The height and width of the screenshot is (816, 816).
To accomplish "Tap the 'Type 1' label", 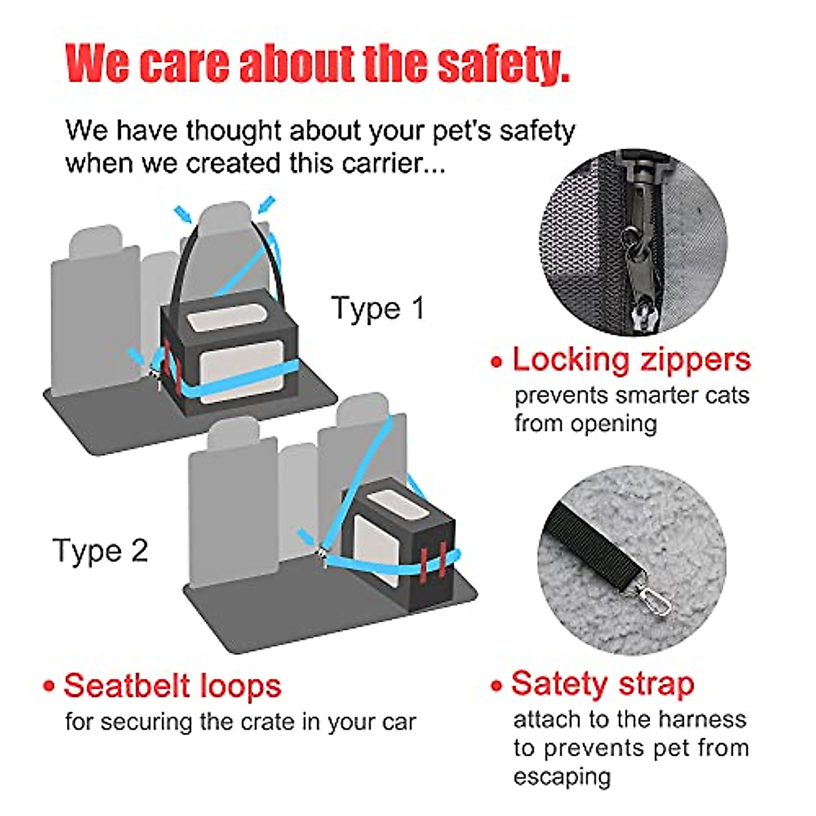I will pos(378,308).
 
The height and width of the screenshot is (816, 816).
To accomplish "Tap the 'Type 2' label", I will pos(100,550).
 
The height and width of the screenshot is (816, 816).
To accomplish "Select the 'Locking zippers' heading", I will pos(631,359).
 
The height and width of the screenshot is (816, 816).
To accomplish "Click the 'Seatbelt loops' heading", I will pos(172,685).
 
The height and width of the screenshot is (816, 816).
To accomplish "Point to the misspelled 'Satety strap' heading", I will pos(602,683).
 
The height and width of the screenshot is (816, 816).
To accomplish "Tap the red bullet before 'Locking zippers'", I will pos(497,362).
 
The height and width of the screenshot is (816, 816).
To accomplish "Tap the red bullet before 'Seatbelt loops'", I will pos(48,686).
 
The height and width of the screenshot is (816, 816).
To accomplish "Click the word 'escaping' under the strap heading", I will pos(562,777).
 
